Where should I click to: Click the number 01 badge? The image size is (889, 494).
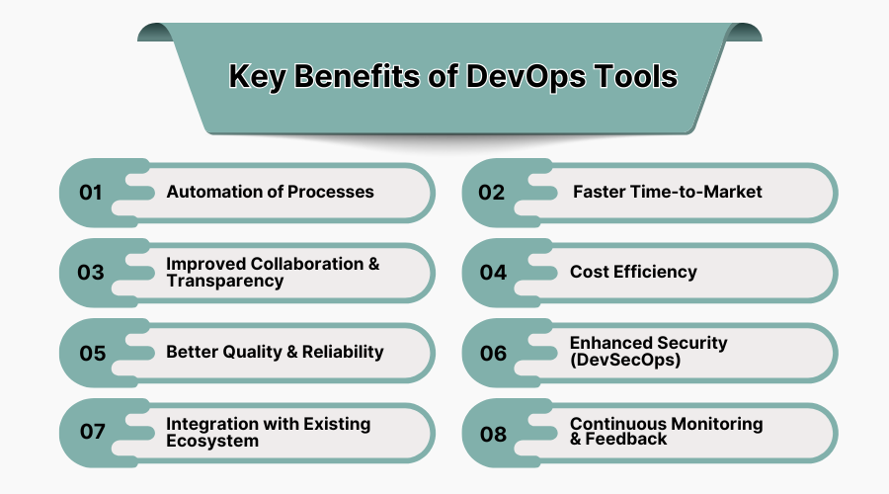(91, 193)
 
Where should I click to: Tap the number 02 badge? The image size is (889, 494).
(492, 193)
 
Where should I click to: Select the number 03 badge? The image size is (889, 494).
(91, 273)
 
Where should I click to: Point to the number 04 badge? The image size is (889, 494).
(493, 273)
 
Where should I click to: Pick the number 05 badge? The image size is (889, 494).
(92, 353)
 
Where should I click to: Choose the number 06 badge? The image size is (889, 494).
(493, 353)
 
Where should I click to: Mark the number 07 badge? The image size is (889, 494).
(92, 433)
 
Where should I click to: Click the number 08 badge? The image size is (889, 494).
(493, 433)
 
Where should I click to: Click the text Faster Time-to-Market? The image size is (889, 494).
(668, 192)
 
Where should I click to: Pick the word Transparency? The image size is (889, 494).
(225, 281)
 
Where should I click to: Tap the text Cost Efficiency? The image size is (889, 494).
(633, 272)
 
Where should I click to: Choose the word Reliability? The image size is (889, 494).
(338, 352)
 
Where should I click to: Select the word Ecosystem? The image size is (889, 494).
(212, 441)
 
